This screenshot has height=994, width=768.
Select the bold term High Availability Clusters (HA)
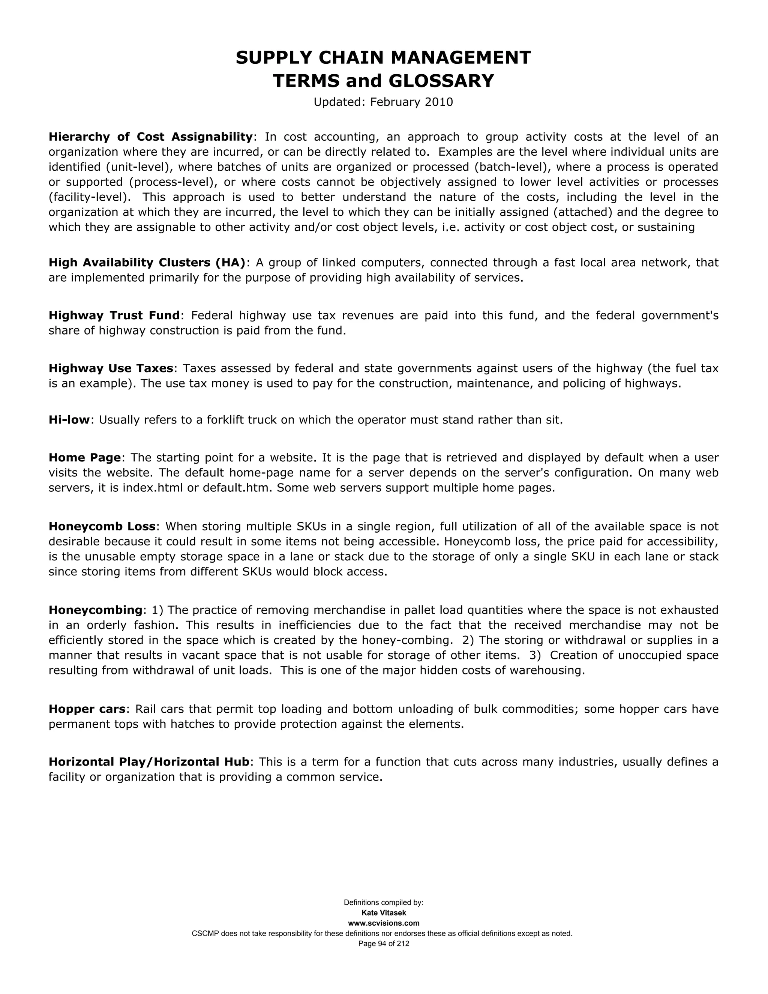[147, 263]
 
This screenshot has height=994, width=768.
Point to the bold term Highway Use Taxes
[111, 368]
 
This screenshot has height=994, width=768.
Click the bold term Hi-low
[69, 420]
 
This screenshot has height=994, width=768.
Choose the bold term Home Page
[85, 457]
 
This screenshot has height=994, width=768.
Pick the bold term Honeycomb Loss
[102, 527]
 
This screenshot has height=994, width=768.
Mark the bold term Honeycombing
[96, 610]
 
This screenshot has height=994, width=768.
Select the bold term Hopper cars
[87, 709]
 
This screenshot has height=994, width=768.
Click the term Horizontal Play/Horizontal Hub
[149, 762]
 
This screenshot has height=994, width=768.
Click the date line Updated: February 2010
[383, 102]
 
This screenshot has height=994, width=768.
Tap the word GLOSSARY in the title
[441, 81]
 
